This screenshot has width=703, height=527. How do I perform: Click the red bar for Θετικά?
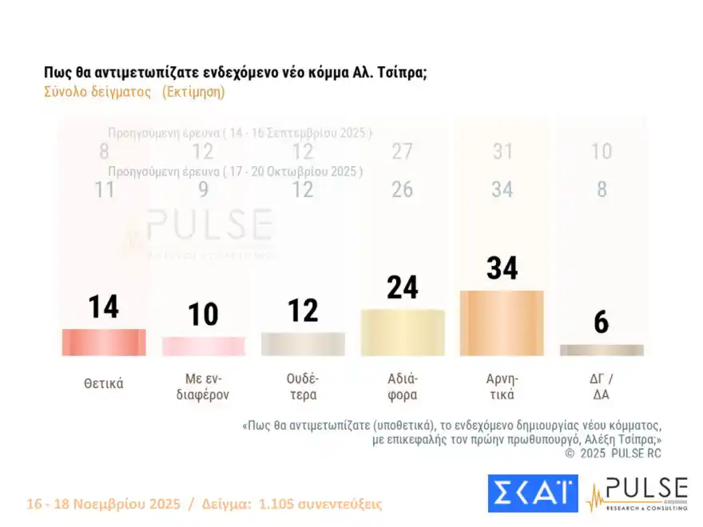coord(104,342)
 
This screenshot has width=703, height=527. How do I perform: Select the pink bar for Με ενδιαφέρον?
coord(203,346)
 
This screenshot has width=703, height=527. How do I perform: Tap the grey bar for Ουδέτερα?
coord(303,343)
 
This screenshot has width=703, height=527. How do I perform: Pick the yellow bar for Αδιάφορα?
coord(403,332)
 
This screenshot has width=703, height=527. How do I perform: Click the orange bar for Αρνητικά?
coord(502,323)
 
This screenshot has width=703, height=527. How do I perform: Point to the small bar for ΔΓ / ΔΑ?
coord(602,350)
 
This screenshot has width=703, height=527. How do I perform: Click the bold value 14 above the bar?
coord(104,307)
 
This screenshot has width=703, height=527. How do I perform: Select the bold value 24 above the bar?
coord(403,287)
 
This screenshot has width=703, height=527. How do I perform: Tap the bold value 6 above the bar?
coord(602,322)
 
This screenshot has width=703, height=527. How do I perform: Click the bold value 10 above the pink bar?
coord(203,314)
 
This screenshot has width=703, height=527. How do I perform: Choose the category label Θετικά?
coord(104,383)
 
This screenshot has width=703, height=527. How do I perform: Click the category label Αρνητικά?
coord(502,386)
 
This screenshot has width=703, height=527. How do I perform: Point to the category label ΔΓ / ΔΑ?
coord(602,386)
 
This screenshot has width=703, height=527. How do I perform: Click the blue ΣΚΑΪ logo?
coord(533,493)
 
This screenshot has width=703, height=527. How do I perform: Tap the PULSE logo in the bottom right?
coord(637,493)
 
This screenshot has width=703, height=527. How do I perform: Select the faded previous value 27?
coord(403,151)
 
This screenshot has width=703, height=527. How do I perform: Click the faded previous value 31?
coord(502,151)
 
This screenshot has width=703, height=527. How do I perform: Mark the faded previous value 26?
coord(403,189)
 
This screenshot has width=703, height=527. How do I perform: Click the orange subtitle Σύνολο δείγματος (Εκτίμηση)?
coord(134,91)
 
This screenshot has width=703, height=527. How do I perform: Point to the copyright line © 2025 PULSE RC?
coord(613,453)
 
